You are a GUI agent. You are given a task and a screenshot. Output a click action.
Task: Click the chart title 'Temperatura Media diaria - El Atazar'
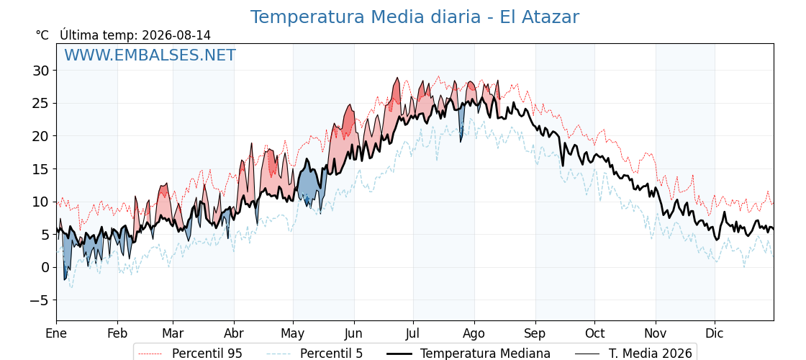point(415,17)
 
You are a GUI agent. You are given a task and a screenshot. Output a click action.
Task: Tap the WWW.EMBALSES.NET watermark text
point(150,55)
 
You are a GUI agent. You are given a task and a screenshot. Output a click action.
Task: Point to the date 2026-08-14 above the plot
point(176,35)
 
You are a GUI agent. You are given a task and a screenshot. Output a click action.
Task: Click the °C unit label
point(42,35)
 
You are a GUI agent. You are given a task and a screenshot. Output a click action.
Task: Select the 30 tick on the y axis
point(42,71)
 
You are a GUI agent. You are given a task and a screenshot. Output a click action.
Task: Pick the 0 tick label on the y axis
point(46,267)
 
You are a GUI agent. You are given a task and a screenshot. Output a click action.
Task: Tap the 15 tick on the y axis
point(42,168)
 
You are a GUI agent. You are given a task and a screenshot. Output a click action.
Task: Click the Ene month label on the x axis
point(56,333)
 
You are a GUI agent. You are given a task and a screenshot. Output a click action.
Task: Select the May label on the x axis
point(293,333)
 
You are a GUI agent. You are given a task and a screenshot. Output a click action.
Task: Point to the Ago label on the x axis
point(474,333)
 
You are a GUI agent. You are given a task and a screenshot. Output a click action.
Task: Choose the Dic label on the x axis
point(715,333)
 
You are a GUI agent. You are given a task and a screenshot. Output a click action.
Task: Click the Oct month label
point(594,333)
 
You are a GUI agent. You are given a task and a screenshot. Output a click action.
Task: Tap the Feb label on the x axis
point(117,333)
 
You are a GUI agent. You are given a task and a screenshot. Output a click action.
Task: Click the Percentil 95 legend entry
point(191,354)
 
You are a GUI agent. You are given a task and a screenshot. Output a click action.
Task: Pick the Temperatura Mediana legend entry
point(468,354)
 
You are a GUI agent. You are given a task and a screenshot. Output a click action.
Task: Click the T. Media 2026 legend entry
point(633,354)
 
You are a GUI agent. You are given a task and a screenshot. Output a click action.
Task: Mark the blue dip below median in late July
point(461,122)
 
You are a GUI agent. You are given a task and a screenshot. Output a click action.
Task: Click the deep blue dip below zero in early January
point(65,262)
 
